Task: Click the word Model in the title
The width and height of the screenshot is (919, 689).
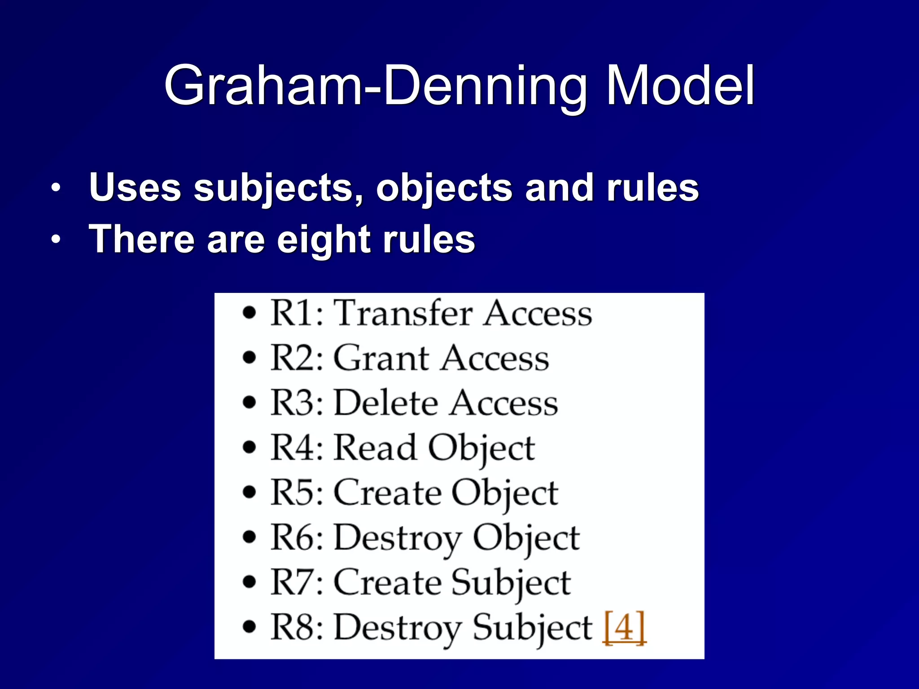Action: coord(680,85)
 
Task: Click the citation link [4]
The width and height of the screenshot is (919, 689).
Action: coord(624,628)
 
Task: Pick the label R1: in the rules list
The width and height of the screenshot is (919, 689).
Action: coord(297,313)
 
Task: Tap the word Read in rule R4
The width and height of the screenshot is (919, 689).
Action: coord(375,448)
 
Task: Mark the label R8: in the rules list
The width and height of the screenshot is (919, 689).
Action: coord(297,627)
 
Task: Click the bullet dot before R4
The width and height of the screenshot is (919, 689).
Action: coord(249,447)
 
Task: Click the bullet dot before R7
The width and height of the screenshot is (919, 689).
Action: coord(249,582)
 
